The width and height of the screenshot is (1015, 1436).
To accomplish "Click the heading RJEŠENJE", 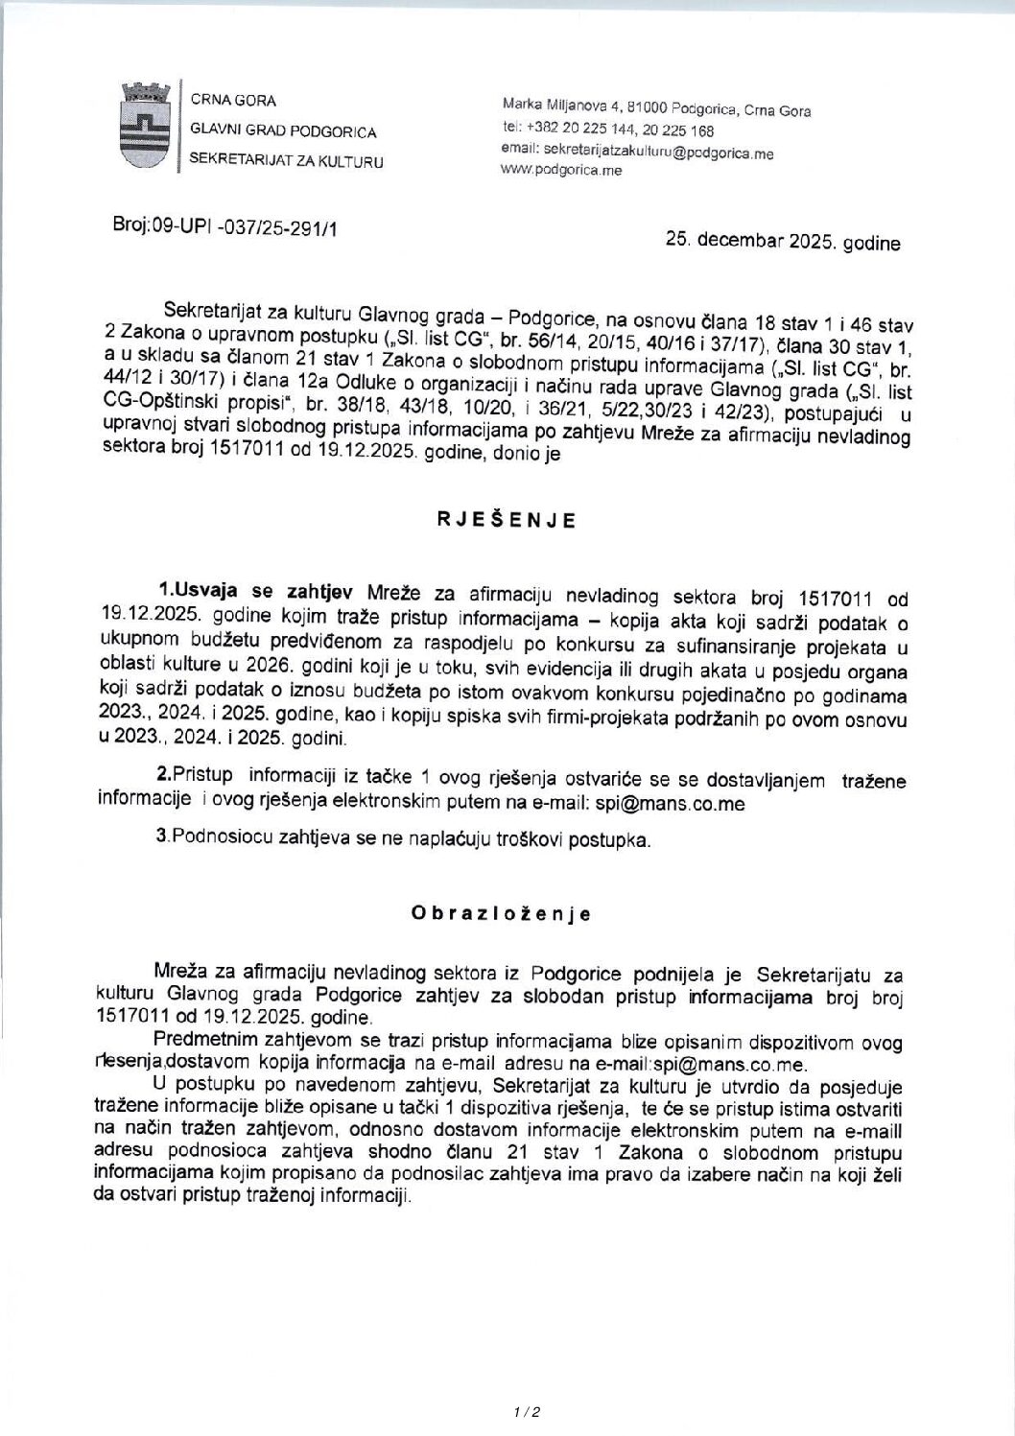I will point(507,521).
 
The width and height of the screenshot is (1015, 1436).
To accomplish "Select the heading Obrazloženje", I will point(500,913).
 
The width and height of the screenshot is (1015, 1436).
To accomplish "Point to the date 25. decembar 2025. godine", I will point(783,244).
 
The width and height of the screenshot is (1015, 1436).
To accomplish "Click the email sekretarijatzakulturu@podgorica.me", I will point(637,152).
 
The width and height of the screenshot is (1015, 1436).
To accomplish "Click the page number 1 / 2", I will point(528,1411).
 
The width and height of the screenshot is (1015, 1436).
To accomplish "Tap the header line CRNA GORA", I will point(233,100).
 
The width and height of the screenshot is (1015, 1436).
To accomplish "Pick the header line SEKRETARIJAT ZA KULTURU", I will point(286,161).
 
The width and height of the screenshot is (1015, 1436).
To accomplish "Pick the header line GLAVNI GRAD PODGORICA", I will point(282,131).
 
